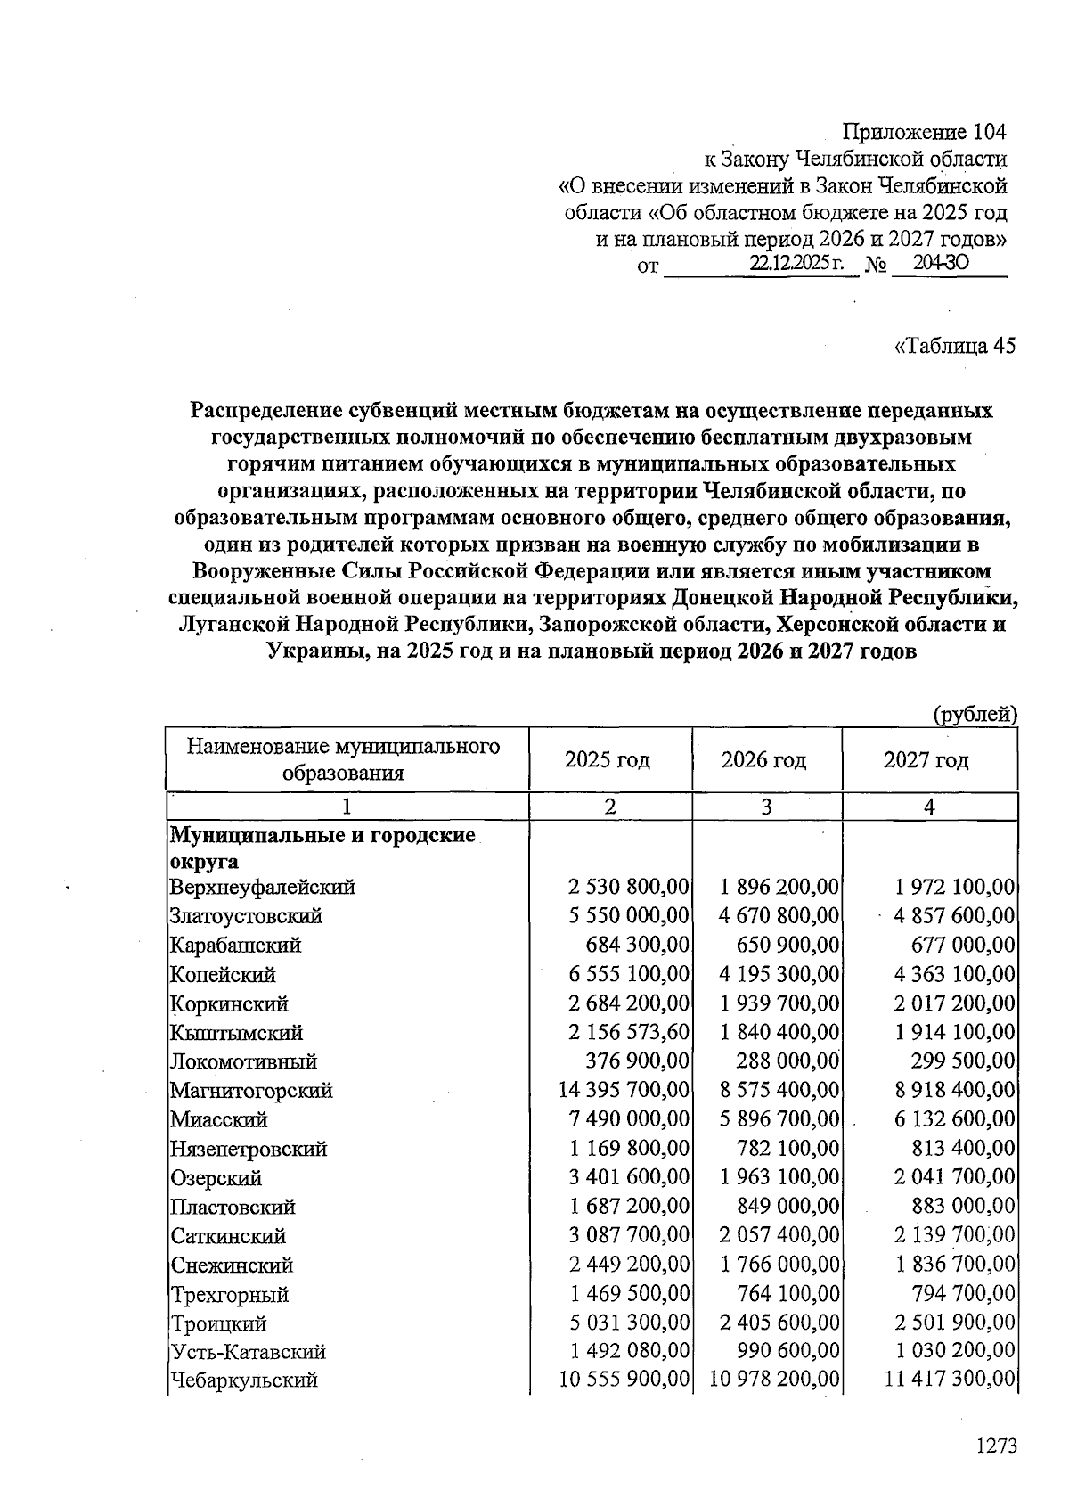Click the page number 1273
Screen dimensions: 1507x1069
pyautogui.click(x=996, y=1446)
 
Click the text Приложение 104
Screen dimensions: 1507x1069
pyautogui.click(x=924, y=133)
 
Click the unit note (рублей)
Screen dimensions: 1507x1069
pyautogui.click(x=975, y=714)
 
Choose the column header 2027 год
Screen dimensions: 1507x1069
pyautogui.click(x=926, y=760)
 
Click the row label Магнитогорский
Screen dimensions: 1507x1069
pyautogui.click(x=251, y=1090)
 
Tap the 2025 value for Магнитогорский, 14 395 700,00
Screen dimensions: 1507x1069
pyautogui.click(x=624, y=1090)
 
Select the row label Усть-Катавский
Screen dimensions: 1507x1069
pyautogui.click(x=249, y=1352)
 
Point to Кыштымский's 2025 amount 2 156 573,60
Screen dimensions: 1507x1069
pyautogui.click(x=629, y=1032)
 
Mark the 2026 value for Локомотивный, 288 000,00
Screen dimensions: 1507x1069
pyautogui.click(x=787, y=1061)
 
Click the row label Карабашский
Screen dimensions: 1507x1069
pyautogui.click(x=236, y=945)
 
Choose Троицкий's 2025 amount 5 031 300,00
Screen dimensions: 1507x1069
pyautogui.click(x=629, y=1323)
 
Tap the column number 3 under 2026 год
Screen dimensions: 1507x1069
pyautogui.click(x=766, y=807)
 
